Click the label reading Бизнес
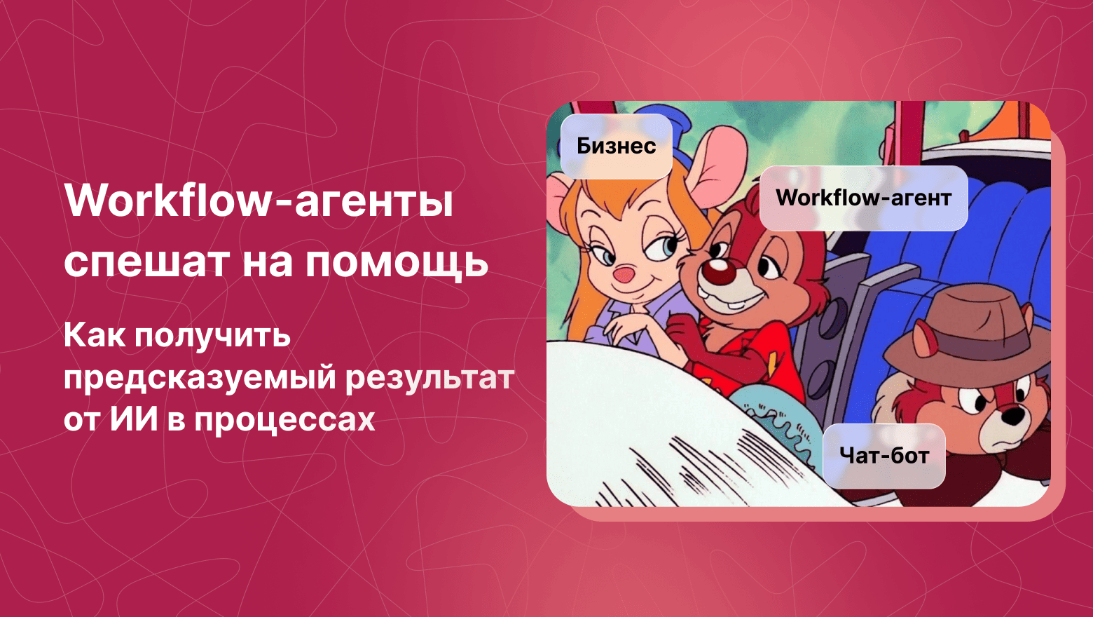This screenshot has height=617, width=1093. click(616, 146)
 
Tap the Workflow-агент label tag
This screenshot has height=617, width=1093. click(863, 198)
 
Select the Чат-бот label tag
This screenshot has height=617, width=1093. click(884, 456)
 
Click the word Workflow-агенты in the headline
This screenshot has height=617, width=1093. click(259, 201)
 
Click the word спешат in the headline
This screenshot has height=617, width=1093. click(146, 263)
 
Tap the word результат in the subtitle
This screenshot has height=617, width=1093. click(429, 378)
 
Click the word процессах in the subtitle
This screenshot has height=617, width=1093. click(284, 419)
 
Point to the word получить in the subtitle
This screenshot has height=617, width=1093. click(212, 336)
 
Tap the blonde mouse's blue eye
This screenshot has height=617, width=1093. click(666, 245)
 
